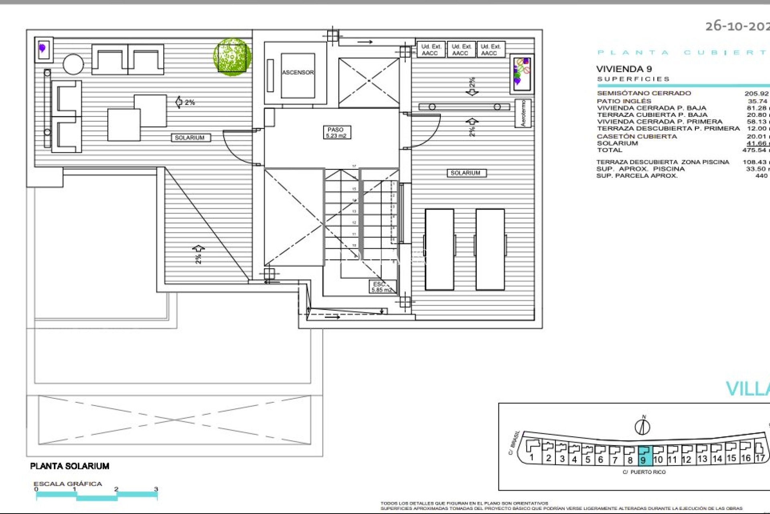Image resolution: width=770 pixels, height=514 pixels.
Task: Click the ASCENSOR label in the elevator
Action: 298,72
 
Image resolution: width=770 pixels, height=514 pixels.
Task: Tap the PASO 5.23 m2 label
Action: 336,133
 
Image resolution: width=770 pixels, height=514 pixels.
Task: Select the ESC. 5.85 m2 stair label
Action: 381,287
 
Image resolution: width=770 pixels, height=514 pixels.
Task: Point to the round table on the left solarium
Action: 73,64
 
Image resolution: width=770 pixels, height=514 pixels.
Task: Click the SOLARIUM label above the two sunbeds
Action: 466,173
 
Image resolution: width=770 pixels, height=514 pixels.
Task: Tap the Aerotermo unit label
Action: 523,113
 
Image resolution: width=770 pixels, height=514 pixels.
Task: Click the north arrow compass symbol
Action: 642,426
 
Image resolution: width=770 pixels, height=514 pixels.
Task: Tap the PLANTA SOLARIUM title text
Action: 70,466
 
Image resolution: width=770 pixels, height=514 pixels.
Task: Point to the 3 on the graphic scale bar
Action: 156,489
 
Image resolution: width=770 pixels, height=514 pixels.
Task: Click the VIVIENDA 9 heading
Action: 624,69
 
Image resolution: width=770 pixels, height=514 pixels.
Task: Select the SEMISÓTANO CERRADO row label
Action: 644,93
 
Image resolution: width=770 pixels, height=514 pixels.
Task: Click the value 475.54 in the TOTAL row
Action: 754,150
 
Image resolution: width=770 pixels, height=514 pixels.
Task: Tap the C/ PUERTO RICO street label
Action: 644,472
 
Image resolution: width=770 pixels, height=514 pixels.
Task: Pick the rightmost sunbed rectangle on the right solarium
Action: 490,249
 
